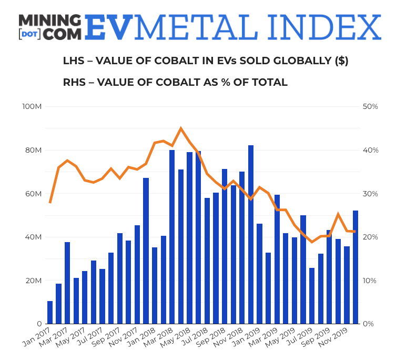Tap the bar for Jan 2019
[x=259, y=274]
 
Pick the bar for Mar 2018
[x=172, y=237]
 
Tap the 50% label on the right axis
[x=371, y=107]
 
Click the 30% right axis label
[x=371, y=194]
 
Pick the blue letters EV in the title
[x=108, y=27]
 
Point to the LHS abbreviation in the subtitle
[x=74, y=61]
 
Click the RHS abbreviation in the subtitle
[x=74, y=83]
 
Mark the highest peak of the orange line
[x=181, y=128]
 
